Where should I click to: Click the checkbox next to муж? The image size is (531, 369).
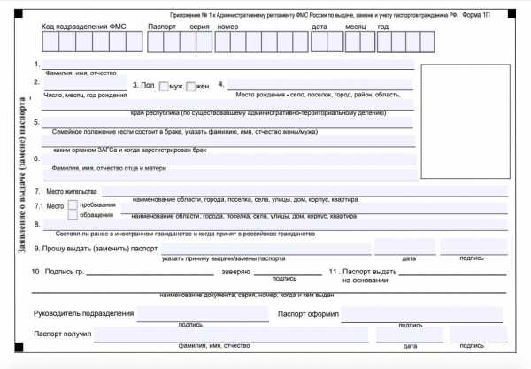tap(164, 86)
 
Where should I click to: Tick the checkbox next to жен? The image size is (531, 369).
tap(190, 86)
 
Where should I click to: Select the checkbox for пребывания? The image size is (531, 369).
tap(73, 205)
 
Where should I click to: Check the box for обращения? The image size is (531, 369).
tap(73, 216)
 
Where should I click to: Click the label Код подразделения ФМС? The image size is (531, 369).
tap(84, 27)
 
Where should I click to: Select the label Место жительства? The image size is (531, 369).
tap(72, 191)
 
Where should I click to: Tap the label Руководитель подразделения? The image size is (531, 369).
tap(83, 314)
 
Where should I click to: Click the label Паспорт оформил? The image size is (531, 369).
tap(307, 314)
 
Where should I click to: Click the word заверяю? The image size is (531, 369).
tap(236, 271)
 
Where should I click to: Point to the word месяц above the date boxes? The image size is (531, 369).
tap(356, 27)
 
